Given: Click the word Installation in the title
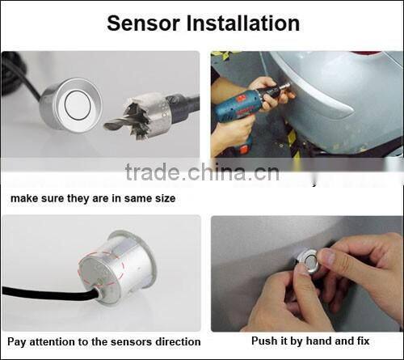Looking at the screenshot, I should click(x=242, y=23).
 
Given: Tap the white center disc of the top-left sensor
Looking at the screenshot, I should click(x=78, y=104).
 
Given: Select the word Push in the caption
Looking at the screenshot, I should click(x=265, y=342).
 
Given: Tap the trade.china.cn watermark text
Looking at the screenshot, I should click(x=202, y=172).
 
